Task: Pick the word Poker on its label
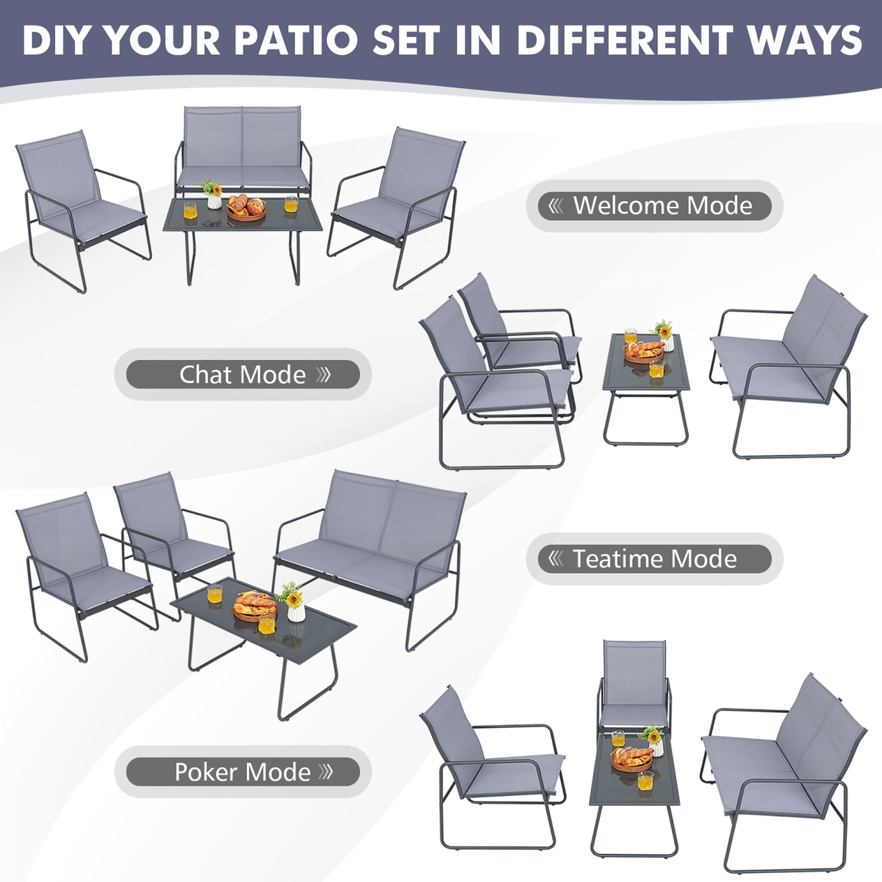(x=200, y=772)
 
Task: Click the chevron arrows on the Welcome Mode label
(x=556, y=206)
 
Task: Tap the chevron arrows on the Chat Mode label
(x=324, y=375)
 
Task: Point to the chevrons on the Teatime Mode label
(x=556, y=559)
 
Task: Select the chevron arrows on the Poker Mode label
(x=326, y=772)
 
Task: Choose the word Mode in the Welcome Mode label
(x=720, y=206)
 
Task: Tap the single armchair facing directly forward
(x=634, y=685)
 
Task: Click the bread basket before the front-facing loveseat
(x=246, y=208)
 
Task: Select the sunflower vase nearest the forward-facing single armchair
(x=653, y=739)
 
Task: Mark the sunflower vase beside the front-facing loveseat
(x=212, y=194)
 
